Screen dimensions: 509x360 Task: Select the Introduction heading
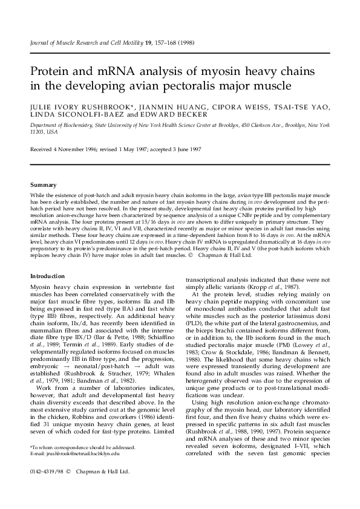tap(47, 276)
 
